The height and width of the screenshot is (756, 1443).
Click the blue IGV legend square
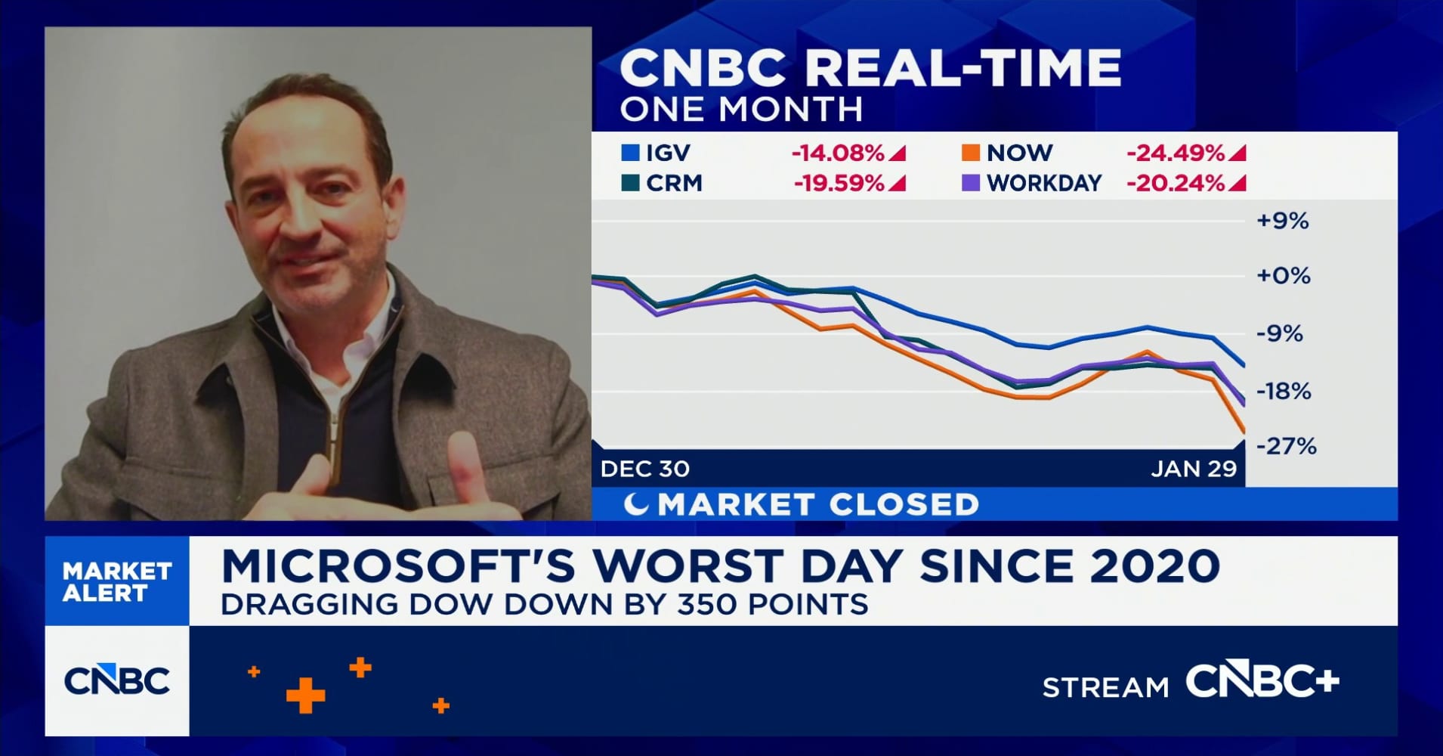pyautogui.click(x=630, y=153)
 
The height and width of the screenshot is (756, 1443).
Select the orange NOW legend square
pyautogui.click(x=970, y=153)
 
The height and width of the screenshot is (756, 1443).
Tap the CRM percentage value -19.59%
pyautogui.click(x=839, y=184)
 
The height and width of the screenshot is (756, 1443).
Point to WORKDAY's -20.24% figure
pyautogui.click(x=1175, y=184)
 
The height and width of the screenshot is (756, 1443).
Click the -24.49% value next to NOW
pyautogui.click(x=1175, y=153)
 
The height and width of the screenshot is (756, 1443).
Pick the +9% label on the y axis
pyautogui.click(x=1282, y=221)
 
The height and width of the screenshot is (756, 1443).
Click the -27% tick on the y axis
pyautogui.click(x=1286, y=446)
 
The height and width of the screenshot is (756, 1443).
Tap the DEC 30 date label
pyautogui.click(x=644, y=469)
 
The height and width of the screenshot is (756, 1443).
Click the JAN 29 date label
pyautogui.click(x=1194, y=469)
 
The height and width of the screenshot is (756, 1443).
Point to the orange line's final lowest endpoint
pyautogui.click(x=1244, y=432)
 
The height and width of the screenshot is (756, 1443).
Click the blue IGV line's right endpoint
pyautogui.click(x=1244, y=366)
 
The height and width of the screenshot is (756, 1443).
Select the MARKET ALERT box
pyautogui.click(x=117, y=581)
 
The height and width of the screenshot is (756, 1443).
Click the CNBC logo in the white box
pyautogui.click(x=117, y=681)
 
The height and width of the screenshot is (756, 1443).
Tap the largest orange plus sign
pyautogui.click(x=305, y=695)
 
